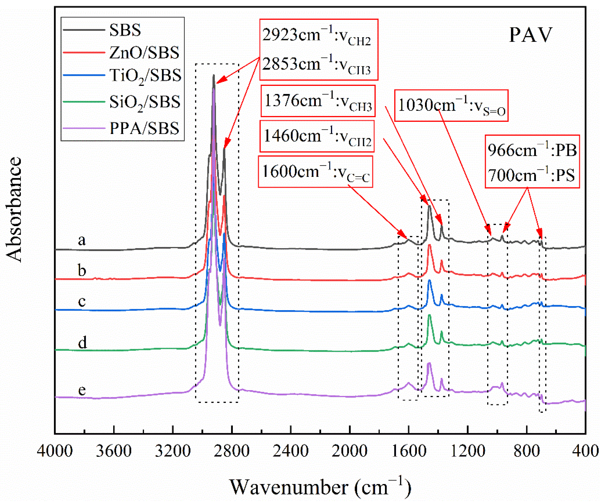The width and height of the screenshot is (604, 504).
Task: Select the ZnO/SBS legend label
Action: click(x=144, y=53)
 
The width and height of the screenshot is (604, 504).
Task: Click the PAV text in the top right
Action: click(x=531, y=35)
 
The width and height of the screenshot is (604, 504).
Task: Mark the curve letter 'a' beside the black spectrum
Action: click(x=82, y=240)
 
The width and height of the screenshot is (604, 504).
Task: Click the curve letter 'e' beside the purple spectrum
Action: click(x=82, y=390)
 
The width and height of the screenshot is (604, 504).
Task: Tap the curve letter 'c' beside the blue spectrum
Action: click(x=82, y=302)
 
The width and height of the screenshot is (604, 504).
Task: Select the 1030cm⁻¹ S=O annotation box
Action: click(x=451, y=106)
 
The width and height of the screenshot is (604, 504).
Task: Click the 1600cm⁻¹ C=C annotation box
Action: click(x=316, y=172)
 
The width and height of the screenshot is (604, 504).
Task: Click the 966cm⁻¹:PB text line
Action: click(x=532, y=150)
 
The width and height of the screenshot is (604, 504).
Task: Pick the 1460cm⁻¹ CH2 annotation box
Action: click(x=317, y=136)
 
